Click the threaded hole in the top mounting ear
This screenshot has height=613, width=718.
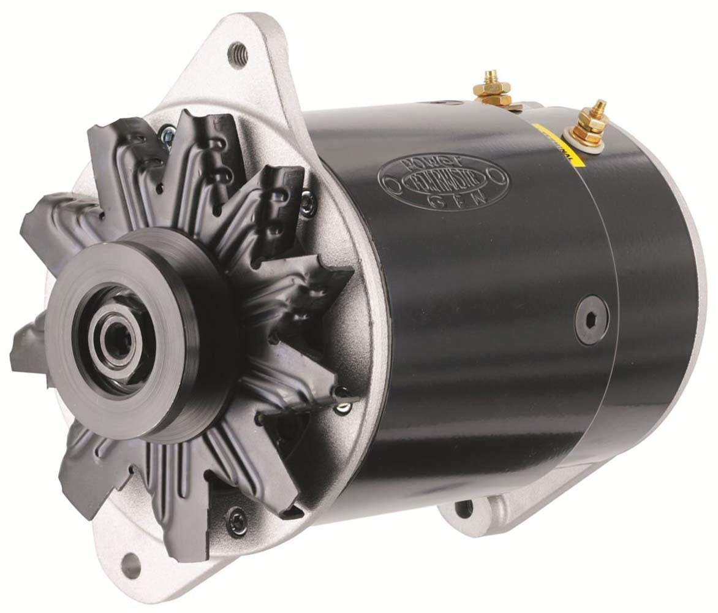coord(237,53)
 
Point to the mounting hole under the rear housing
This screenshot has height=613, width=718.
coord(464,508)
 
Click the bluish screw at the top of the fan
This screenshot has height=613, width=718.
coord(166,132)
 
